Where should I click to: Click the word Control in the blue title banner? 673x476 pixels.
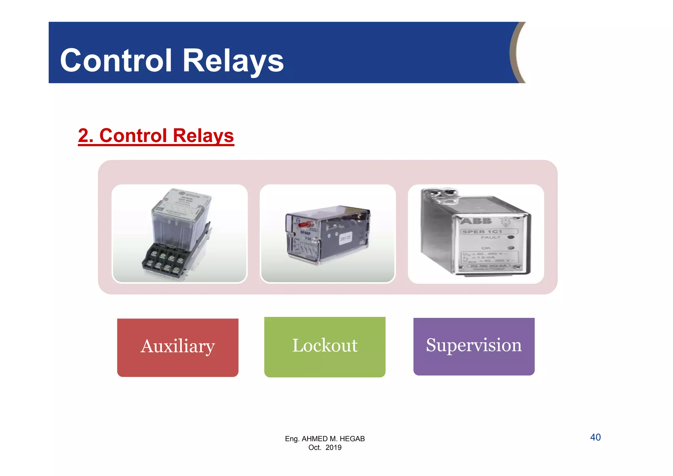(x=116, y=60)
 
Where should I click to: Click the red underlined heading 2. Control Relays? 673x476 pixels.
(x=156, y=136)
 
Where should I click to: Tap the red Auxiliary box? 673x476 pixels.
(x=177, y=347)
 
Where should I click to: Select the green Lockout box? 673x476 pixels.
(x=325, y=346)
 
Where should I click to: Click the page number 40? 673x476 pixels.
(x=595, y=437)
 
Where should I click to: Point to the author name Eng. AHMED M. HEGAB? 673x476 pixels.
(x=325, y=439)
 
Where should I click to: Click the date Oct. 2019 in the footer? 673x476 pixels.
(x=325, y=447)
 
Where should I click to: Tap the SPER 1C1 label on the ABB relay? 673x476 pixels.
(x=482, y=232)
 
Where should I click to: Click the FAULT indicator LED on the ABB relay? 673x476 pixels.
(x=511, y=237)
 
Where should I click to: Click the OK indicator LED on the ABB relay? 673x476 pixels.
(x=511, y=248)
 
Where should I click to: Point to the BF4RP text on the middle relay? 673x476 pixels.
(x=305, y=233)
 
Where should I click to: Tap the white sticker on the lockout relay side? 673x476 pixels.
(x=344, y=239)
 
